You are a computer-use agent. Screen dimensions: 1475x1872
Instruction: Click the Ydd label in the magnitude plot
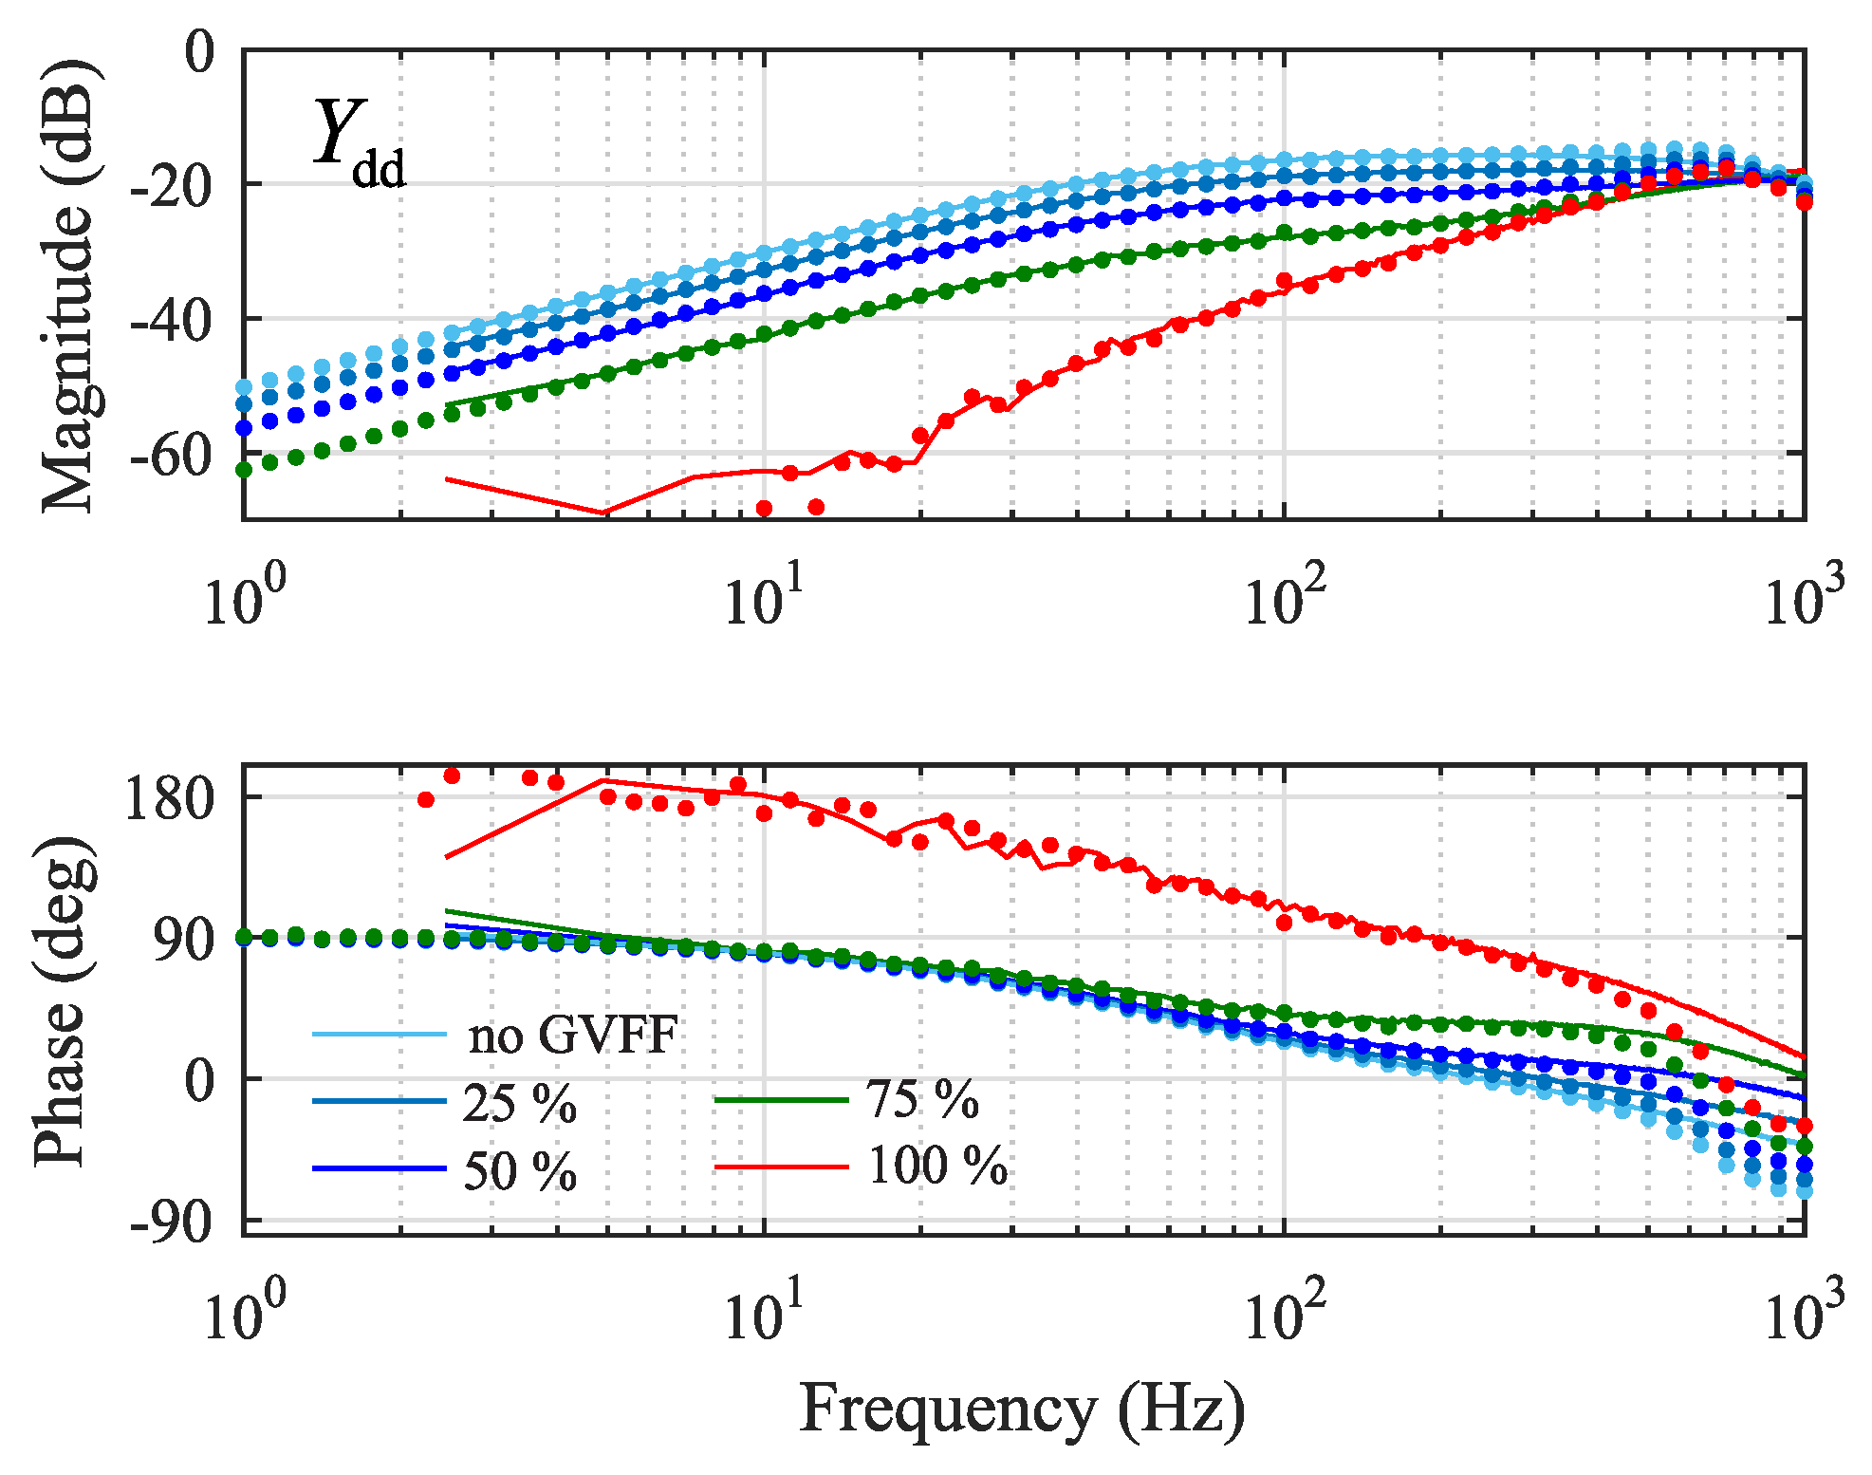point(359,144)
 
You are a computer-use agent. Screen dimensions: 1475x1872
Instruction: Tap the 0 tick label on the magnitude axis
point(199,52)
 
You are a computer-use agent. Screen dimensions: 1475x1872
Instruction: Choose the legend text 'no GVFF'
point(572,1035)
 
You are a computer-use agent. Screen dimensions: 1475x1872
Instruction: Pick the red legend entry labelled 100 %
point(937,1166)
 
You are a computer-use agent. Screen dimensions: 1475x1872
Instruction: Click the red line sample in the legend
point(780,1167)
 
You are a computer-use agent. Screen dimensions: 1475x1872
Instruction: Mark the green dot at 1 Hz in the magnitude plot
point(244,469)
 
